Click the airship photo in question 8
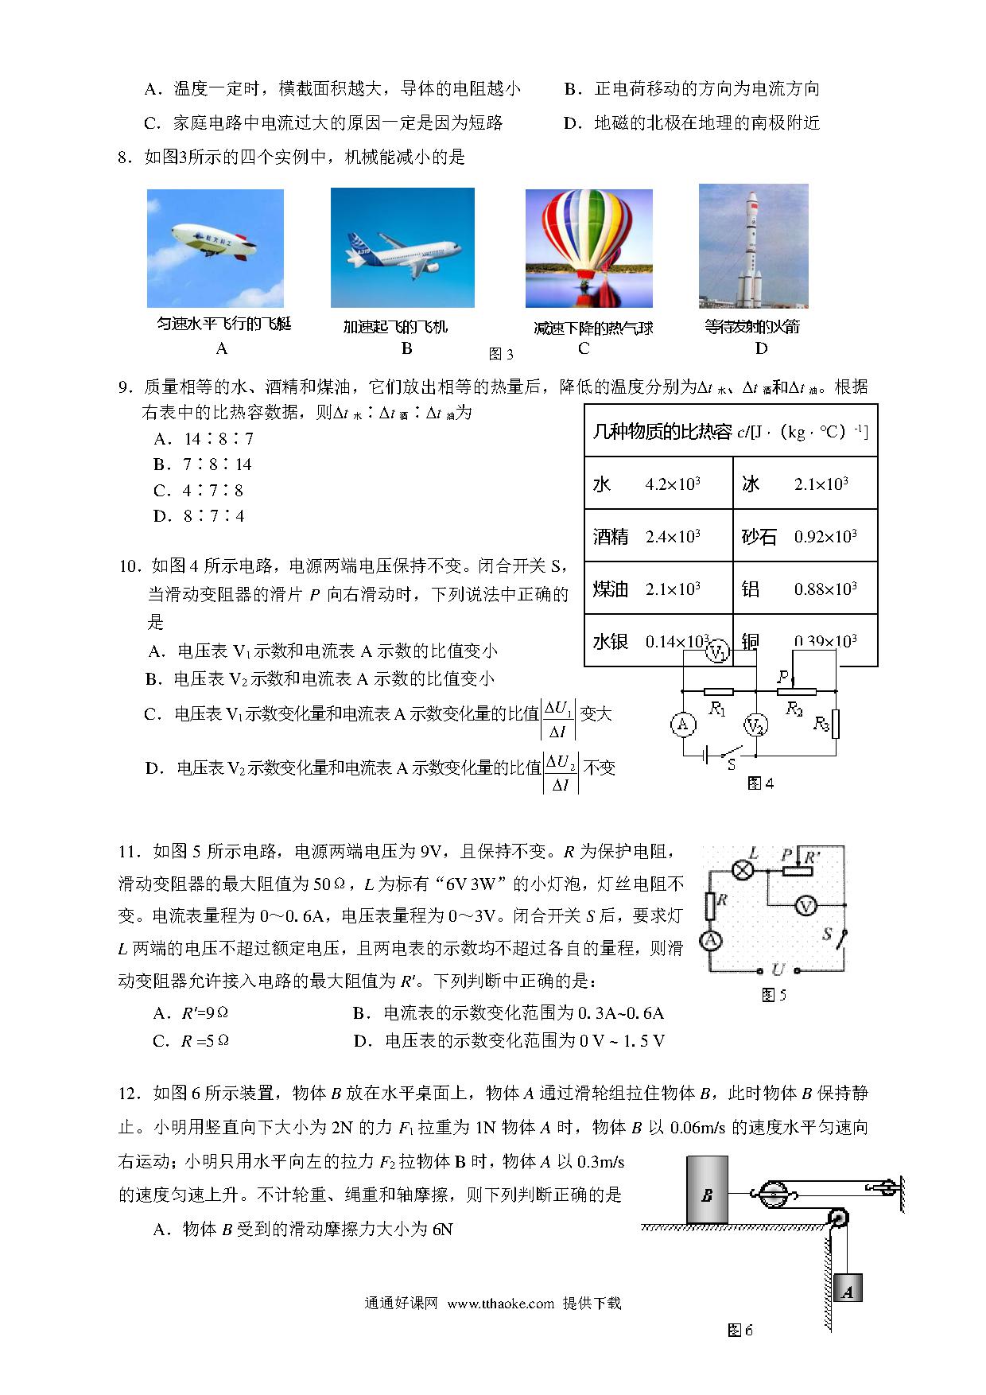[x=215, y=247]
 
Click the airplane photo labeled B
[x=402, y=247]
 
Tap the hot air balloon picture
[x=588, y=247]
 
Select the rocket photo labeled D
[x=753, y=246]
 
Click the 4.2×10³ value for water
[x=673, y=484]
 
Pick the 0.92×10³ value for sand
[x=825, y=536]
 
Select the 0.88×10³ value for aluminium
[x=825, y=589]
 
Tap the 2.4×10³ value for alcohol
[x=673, y=536]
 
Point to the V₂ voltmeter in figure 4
[x=755, y=725]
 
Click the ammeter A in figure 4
[x=681, y=725]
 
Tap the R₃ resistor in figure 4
[x=835, y=724]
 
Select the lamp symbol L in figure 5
[x=743, y=870]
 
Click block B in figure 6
[x=707, y=1194]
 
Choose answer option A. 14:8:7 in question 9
[x=204, y=439]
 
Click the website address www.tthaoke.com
[x=500, y=1304]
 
